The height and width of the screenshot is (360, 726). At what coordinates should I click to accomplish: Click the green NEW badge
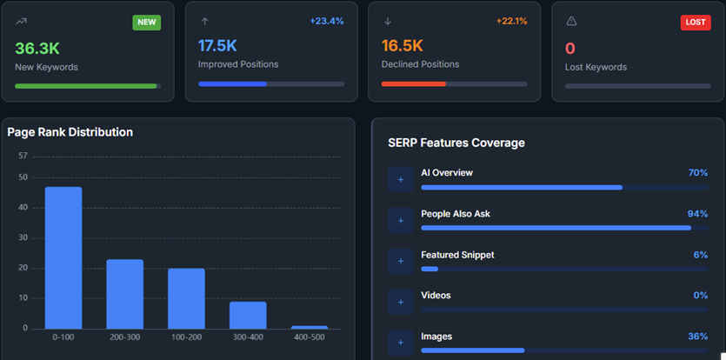(x=146, y=23)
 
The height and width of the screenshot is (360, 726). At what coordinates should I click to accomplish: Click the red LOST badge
(x=695, y=23)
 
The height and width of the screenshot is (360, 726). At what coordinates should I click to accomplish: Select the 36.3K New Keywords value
(x=37, y=49)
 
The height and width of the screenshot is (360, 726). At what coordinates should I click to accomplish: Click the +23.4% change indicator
(x=327, y=21)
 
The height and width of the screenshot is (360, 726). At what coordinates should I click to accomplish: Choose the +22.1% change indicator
(x=511, y=21)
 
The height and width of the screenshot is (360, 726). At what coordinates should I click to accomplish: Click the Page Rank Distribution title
(x=70, y=132)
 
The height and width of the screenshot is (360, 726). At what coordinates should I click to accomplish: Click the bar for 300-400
(x=248, y=315)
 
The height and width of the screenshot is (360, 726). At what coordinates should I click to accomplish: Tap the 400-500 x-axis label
(x=309, y=337)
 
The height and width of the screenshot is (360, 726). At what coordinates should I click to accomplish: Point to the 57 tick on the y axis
(x=23, y=157)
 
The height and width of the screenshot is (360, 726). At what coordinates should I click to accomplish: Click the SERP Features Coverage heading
(x=456, y=143)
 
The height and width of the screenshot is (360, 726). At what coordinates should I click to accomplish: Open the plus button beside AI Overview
(x=401, y=179)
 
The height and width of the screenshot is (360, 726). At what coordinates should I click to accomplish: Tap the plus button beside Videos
(x=401, y=302)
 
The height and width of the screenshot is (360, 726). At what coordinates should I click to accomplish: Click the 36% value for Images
(x=697, y=337)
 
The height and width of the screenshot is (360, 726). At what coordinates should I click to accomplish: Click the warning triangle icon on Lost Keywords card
(x=571, y=21)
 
